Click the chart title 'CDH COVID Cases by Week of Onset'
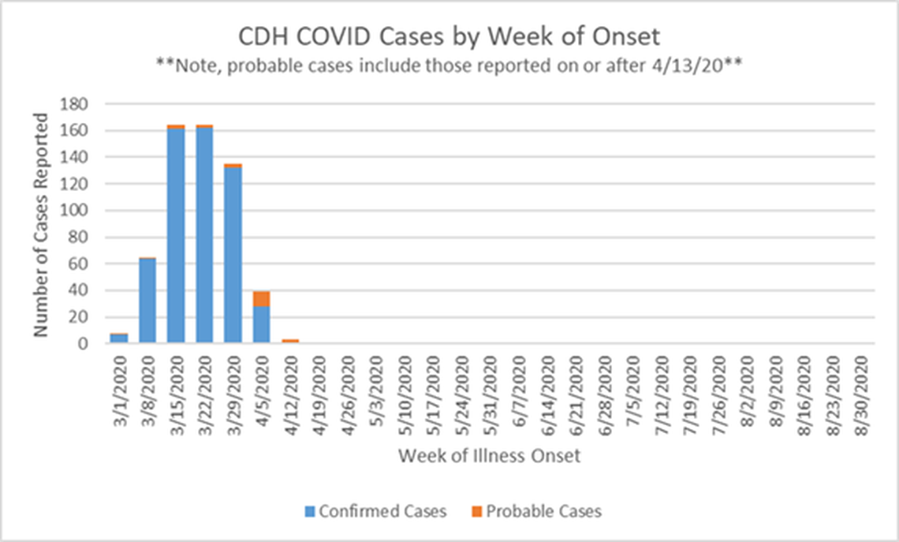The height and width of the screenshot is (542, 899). pos(449,37)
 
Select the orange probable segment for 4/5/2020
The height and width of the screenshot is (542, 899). pos(262,298)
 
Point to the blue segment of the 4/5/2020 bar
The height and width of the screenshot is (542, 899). pos(262,324)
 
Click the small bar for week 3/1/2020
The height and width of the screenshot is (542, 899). pos(119,338)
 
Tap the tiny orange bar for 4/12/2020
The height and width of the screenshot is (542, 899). pos(290,341)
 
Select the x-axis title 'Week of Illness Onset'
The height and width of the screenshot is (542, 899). pos(489,456)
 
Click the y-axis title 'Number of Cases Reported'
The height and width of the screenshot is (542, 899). pos(42,225)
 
